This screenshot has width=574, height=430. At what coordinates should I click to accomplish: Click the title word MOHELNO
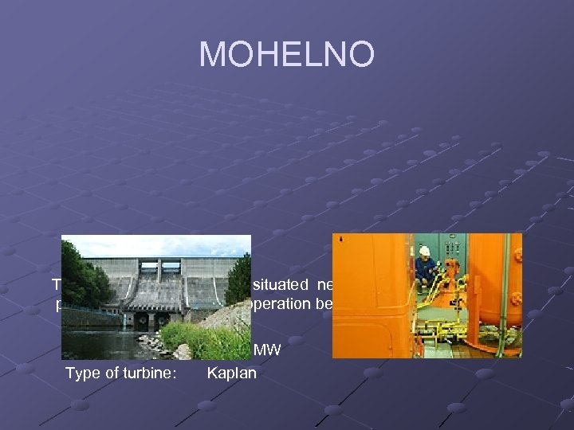286,54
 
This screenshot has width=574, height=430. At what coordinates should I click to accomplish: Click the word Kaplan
231,373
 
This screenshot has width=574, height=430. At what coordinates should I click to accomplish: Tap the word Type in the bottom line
83,373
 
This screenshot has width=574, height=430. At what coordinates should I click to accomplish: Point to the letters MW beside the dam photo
267,349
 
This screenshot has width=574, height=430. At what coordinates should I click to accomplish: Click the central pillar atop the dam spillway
159,271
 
